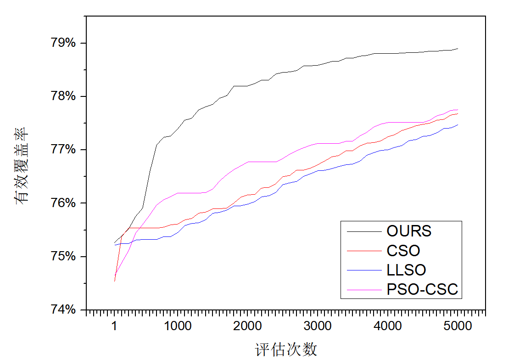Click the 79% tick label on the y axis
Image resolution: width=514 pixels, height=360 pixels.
pos(62,43)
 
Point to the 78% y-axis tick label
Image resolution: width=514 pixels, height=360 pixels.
pos(62,96)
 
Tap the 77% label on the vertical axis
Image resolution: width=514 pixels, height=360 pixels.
pos(62,150)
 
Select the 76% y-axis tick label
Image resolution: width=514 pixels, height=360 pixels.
pos(62,203)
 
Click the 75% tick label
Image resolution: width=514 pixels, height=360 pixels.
pos(62,256)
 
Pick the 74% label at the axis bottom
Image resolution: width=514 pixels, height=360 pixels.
pos(62,309)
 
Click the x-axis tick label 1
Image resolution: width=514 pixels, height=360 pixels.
pos(114,326)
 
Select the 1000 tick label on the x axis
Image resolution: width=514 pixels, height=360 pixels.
pos(178,326)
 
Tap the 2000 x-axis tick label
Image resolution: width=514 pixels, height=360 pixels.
pos(248,326)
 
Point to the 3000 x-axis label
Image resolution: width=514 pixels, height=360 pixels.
pos(318,326)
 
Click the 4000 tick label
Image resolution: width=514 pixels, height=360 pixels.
pos(388,326)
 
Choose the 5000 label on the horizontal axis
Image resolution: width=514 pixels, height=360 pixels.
pos(458,326)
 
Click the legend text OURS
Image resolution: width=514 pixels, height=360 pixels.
pos(409,231)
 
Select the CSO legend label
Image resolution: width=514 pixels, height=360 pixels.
pos(403,251)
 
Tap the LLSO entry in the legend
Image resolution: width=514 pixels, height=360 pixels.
pos(406,270)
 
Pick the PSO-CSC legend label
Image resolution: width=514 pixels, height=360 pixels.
pos(422,289)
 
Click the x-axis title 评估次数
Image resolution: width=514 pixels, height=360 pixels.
pos(286,349)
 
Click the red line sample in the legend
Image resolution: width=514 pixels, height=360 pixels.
pos(364,251)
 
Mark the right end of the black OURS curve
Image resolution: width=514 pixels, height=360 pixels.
pos(458,48)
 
